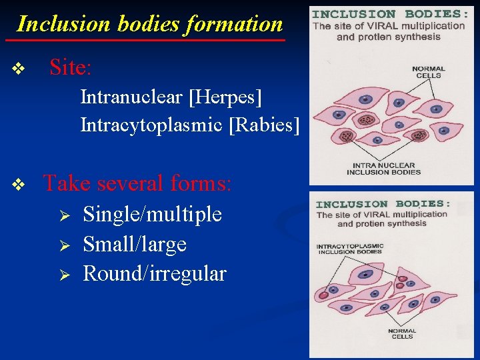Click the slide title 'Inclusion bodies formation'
(x=150, y=24)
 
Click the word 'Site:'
(x=71, y=67)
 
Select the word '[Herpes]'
(x=225, y=98)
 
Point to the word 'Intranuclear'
(x=131, y=98)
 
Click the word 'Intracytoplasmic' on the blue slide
(x=151, y=125)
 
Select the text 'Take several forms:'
(x=137, y=183)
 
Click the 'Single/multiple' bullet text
(x=152, y=214)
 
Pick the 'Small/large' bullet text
(x=134, y=244)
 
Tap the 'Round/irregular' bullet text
(x=154, y=273)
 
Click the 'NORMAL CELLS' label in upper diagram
(x=428, y=72)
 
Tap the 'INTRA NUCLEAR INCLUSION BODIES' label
(x=383, y=169)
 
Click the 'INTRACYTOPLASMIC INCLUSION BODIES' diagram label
(x=349, y=249)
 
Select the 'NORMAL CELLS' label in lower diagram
(x=401, y=333)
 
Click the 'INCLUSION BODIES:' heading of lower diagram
(x=383, y=204)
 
